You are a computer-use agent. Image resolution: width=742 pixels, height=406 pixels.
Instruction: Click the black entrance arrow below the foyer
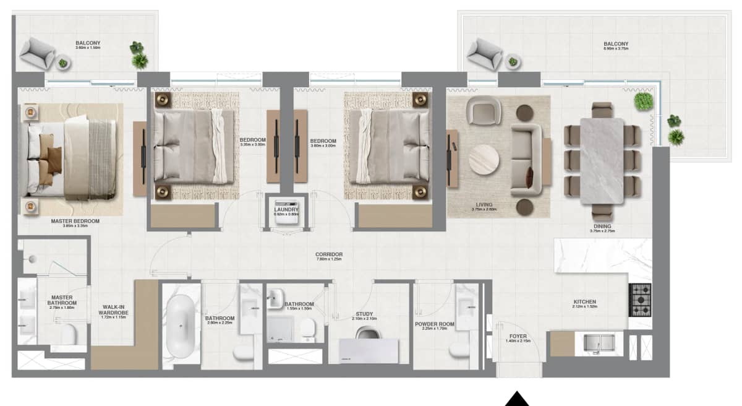(x=517, y=400)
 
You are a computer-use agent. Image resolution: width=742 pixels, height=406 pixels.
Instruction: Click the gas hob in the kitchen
(x=640, y=300)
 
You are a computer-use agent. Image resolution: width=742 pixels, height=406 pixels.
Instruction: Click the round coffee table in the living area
(x=484, y=160)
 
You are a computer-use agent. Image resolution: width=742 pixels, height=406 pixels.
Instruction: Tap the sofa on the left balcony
(x=37, y=53)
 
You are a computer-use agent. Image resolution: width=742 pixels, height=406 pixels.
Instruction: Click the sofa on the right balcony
(x=485, y=54)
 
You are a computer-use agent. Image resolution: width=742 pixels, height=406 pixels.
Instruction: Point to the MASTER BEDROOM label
(x=76, y=220)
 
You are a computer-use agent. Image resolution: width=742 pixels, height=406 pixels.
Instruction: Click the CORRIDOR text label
(x=329, y=254)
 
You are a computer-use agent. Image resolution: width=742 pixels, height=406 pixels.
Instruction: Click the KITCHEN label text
(x=584, y=301)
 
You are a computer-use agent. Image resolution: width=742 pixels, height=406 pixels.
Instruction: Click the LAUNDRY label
(x=286, y=209)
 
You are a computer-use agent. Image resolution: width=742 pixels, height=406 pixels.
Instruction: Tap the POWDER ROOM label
(x=439, y=324)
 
